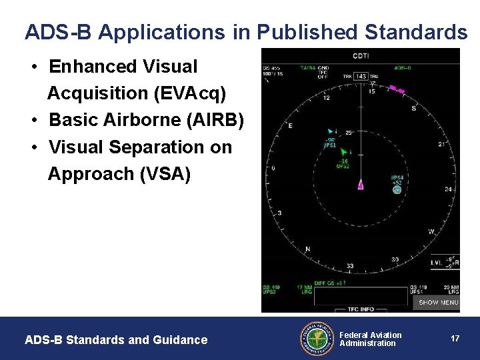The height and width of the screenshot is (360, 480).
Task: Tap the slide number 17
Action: pyautogui.click(x=455, y=339)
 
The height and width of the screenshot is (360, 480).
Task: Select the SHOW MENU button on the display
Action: pyautogui.click(x=438, y=302)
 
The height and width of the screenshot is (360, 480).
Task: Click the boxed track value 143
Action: pyautogui.click(x=361, y=77)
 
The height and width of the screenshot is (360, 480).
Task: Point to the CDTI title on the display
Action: pyautogui.click(x=361, y=56)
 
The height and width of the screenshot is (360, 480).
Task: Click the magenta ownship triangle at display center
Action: pyautogui.click(x=361, y=184)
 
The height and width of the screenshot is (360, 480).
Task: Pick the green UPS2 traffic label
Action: pyautogui.click(x=343, y=166)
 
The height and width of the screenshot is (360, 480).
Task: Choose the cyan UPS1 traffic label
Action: pyautogui.click(x=329, y=145)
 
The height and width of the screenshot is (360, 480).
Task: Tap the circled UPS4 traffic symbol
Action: pyautogui.click(x=397, y=190)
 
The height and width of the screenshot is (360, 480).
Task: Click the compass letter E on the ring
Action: pyautogui.click(x=290, y=125)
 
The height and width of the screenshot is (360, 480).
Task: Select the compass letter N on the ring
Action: pyautogui.click(x=307, y=249)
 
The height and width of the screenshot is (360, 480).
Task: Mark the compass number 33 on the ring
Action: pyautogui.click(x=349, y=267)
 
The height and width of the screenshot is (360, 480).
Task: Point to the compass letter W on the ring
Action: pyautogui.click(x=431, y=232)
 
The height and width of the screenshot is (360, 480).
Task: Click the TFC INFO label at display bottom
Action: pyautogui.click(x=361, y=309)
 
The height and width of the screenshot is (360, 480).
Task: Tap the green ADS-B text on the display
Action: pyautogui.click(x=403, y=68)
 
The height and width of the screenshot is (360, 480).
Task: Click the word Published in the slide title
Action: pyautogui.click(x=309, y=31)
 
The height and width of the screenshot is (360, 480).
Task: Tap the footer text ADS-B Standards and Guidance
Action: pyautogui.click(x=116, y=340)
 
